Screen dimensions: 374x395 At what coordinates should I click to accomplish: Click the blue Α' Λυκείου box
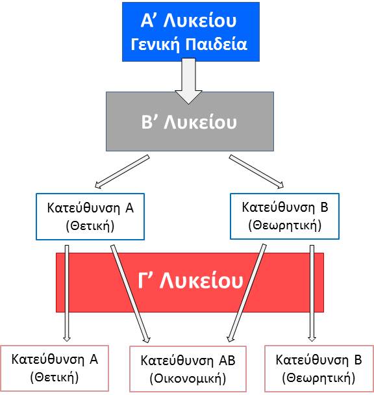pyautogui.click(x=191, y=32)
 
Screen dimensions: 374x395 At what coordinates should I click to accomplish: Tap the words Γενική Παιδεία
pyautogui.click(x=189, y=44)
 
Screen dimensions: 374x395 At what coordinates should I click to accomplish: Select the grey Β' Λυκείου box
pyautogui.click(x=190, y=121)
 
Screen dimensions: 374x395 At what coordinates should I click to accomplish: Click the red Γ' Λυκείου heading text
pyautogui.click(x=190, y=281)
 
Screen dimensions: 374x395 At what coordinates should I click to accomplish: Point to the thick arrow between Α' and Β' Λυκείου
pyautogui.click(x=189, y=81)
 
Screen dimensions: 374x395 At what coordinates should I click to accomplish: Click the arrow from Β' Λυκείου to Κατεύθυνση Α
pyautogui.click(x=122, y=172)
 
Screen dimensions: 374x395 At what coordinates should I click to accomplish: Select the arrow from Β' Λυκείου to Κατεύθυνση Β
pyautogui.click(x=256, y=172)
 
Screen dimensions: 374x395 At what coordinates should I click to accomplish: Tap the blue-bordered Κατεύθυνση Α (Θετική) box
pyautogui.click(x=90, y=216)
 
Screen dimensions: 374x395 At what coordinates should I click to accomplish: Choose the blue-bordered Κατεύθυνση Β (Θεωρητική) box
pyautogui.click(x=284, y=216)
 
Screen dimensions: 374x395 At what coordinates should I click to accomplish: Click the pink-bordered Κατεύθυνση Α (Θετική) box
pyautogui.click(x=55, y=368)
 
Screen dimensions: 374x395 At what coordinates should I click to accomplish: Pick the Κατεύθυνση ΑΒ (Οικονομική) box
pyautogui.click(x=188, y=369)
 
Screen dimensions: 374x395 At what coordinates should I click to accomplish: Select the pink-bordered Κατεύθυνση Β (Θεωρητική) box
pyautogui.click(x=319, y=368)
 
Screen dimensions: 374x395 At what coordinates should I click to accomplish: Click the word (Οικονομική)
pyautogui.click(x=188, y=378)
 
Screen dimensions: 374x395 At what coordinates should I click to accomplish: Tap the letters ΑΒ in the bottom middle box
pyautogui.click(x=227, y=360)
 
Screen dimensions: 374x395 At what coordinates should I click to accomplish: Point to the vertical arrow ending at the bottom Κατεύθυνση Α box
pyautogui.click(x=67, y=293)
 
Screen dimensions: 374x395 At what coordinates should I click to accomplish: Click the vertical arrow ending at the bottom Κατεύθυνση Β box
pyautogui.click(x=312, y=293)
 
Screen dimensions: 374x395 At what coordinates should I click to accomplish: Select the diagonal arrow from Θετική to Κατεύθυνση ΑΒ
pyautogui.click(x=131, y=294)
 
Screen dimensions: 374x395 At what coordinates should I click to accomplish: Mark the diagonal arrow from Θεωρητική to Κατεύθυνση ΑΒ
pyautogui.click(x=247, y=293)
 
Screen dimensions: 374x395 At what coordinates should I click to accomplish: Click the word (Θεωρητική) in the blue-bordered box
pyautogui.click(x=285, y=225)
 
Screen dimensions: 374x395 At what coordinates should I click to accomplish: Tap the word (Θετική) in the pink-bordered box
pyautogui.click(x=55, y=377)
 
